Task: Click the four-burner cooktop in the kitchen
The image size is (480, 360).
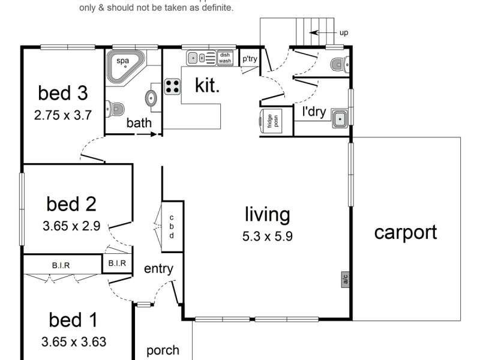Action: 173,86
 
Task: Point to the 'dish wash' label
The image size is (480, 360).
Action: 225,58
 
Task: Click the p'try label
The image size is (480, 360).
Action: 249,59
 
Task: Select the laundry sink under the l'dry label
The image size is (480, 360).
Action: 340,119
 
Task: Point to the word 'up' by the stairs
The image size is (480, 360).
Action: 344,33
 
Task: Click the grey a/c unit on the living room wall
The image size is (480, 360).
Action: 345,278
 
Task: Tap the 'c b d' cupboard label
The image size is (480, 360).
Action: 171,226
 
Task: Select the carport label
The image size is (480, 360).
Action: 406,232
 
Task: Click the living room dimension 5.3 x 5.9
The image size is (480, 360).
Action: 267,236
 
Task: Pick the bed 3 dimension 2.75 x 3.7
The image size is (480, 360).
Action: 63,115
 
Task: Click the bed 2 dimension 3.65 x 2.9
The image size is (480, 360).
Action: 71,227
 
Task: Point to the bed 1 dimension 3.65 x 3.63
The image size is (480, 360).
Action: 74,343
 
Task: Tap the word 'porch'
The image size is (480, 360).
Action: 163,350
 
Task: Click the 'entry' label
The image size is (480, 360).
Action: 158,268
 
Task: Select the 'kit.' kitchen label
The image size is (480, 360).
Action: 208,85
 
